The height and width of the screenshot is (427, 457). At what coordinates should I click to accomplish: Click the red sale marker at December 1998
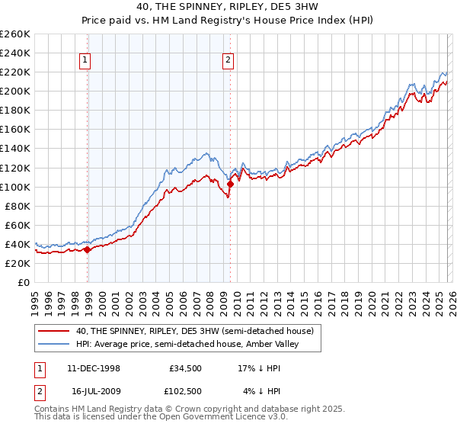88,249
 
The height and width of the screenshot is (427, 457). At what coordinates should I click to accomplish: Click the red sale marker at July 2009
230,184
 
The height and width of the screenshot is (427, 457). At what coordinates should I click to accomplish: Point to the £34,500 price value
184,368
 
